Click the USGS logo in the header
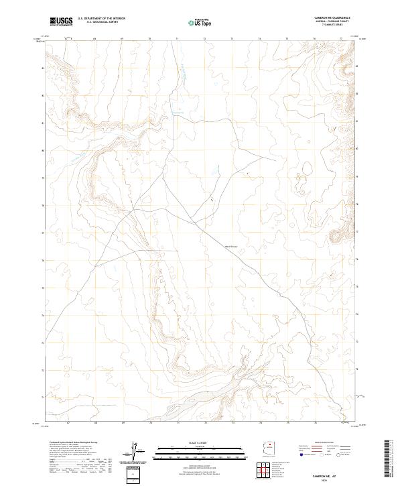pyautogui.click(x=61, y=21)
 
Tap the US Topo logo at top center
pyautogui.click(x=201, y=21)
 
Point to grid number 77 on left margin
pyautogui.click(x=44, y=233)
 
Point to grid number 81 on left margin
pyautogui.click(x=44, y=123)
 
